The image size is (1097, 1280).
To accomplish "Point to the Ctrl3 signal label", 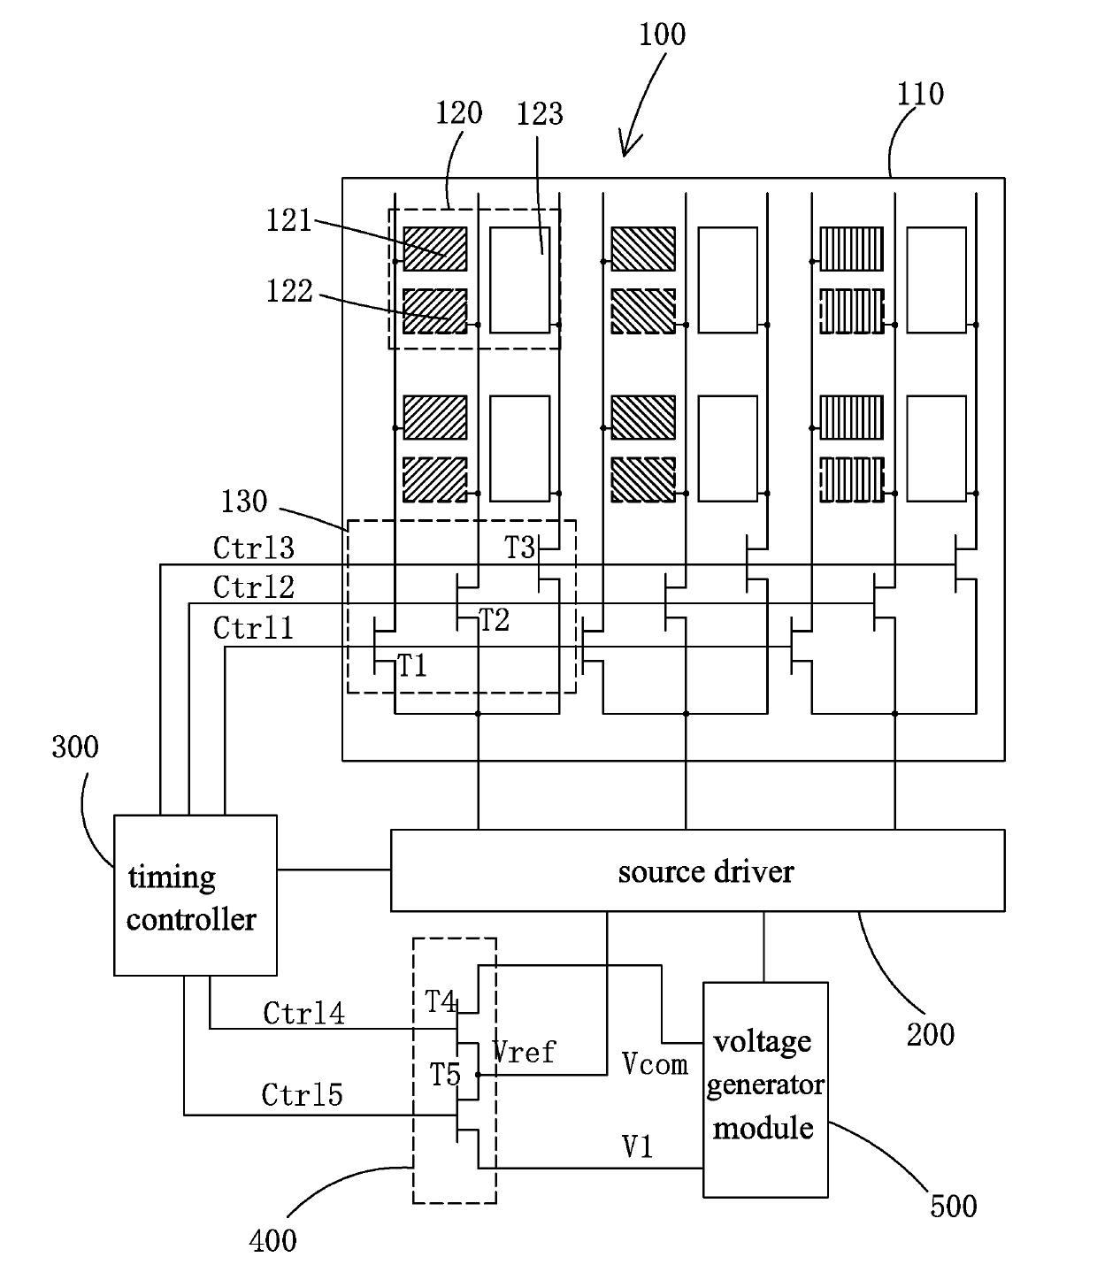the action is click(253, 548).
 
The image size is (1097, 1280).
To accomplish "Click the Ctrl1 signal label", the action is click(253, 628).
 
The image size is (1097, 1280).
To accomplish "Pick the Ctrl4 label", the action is click(303, 1014).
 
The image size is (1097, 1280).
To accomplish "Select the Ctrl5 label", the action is click(302, 1095).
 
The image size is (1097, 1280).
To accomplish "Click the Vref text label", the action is click(524, 1052).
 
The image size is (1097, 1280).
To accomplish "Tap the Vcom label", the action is click(655, 1064).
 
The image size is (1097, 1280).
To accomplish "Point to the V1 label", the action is click(637, 1146).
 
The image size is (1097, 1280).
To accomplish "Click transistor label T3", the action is click(519, 548).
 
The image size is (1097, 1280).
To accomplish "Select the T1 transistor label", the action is click(412, 666).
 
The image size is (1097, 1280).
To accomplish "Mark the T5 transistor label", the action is click(445, 1075).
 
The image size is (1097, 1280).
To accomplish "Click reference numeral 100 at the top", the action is click(662, 34).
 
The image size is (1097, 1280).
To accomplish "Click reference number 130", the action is click(244, 501).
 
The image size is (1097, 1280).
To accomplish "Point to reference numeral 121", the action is click(288, 220).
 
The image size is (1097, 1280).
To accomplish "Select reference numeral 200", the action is click(931, 1034).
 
